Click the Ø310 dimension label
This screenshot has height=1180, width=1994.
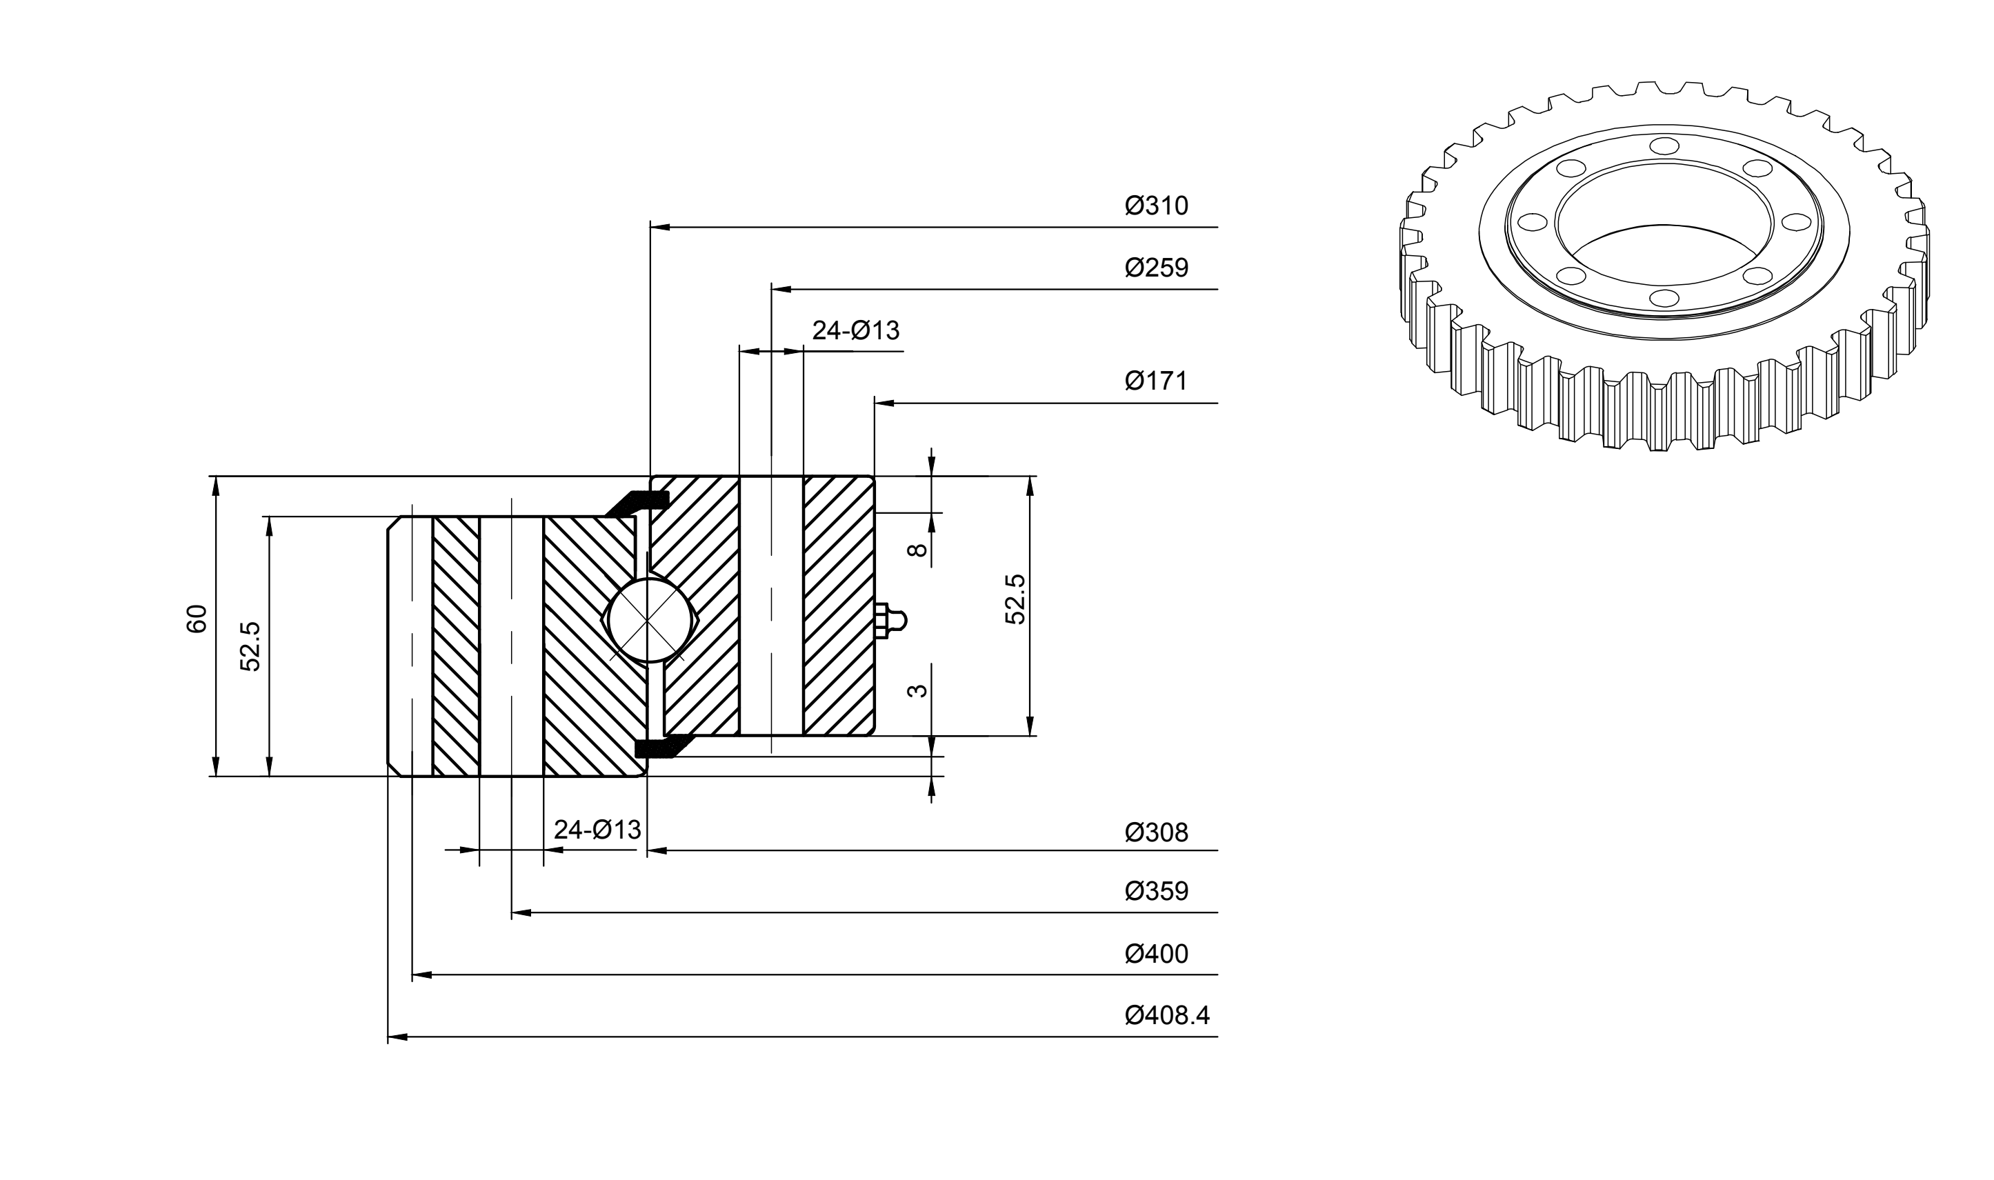point(1156,206)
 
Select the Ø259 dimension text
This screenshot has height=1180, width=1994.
point(1156,268)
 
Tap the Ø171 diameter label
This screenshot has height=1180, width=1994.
point(1156,381)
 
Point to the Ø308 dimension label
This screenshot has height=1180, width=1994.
point(1156,832)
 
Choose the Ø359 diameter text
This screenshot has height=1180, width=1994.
point(1156,891)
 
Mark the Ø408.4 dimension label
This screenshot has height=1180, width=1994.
point(1167,1015)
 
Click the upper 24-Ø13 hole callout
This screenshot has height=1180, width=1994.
point(855,330)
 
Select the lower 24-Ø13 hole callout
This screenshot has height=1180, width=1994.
point(597,830)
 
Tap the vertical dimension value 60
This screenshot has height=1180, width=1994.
point(197,619)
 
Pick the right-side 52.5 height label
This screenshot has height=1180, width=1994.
point(1015,599)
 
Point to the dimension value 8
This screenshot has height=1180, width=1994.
point(917,550)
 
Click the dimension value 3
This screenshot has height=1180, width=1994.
point(917,690)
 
